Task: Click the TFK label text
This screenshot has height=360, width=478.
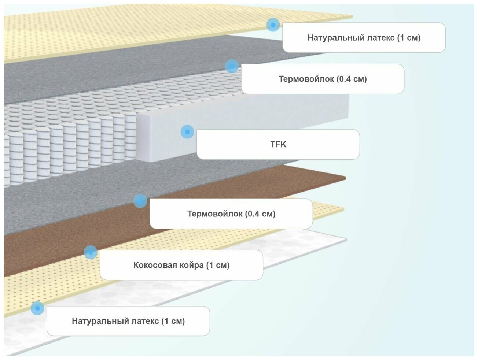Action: tap(278, 144)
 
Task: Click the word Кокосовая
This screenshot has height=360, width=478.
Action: tap(151, 265)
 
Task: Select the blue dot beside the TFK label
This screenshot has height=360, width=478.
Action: tap(187, 131)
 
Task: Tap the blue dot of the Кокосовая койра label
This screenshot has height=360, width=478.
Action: tap(90, 252)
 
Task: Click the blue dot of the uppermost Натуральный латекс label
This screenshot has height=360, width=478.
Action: tap(273, 25)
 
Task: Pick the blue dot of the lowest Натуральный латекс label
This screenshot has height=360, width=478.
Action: tap(37, 308)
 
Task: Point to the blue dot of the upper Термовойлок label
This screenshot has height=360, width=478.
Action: tap(231, 66)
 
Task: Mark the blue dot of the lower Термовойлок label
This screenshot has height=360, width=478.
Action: tap(140, 201)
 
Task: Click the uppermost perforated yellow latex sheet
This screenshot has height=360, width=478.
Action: tap(110, 33)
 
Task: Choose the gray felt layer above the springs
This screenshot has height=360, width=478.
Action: tap(110, 77)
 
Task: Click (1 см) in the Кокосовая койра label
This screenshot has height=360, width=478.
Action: tap(218, 265)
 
